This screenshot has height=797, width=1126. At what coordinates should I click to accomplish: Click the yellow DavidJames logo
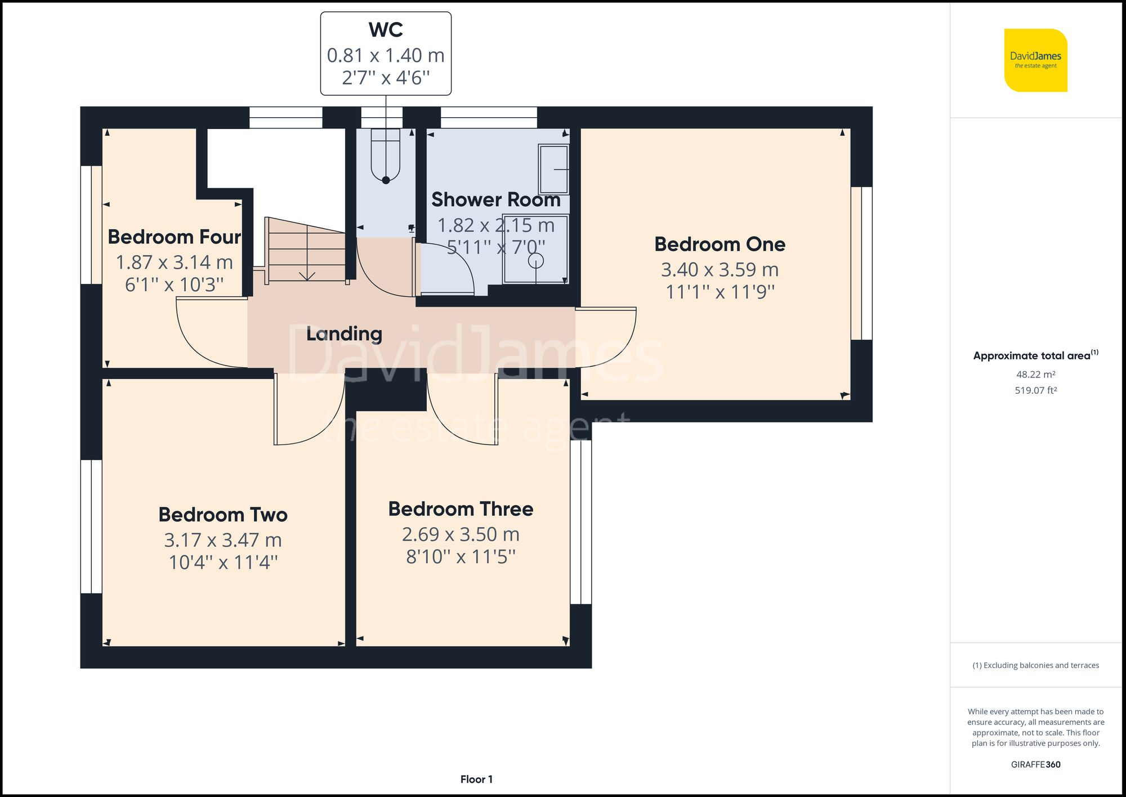coord(1035,60)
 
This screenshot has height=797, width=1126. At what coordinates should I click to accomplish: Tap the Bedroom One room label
coord(720,244)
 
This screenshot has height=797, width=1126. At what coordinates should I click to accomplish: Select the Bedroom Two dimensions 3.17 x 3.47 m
coord(223,540)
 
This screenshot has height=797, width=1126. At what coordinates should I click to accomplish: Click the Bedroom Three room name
coord(461,509)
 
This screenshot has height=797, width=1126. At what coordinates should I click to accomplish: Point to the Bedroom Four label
coord(174,237)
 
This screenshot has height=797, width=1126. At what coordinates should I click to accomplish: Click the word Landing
coord(344,334)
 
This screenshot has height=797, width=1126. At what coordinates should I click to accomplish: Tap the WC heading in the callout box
coord(386,30)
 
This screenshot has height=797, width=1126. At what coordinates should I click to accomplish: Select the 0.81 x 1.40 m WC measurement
coord(386,55)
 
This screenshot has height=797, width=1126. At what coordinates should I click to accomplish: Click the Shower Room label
coord(495,200)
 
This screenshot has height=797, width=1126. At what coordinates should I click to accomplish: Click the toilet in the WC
coord(386,155)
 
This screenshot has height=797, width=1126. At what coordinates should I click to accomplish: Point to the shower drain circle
coord(535,261)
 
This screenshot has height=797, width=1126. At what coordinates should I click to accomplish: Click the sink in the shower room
coord(554,169)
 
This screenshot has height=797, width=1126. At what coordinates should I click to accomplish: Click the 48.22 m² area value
coord(1035,375)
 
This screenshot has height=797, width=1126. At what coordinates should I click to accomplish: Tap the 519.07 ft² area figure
coord(1035,390)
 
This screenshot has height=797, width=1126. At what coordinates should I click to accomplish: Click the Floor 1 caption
coord(476,780)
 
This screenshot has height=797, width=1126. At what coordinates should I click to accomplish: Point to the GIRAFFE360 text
coord(1035,764)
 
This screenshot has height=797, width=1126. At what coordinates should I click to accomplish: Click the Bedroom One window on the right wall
coord(861,264)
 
